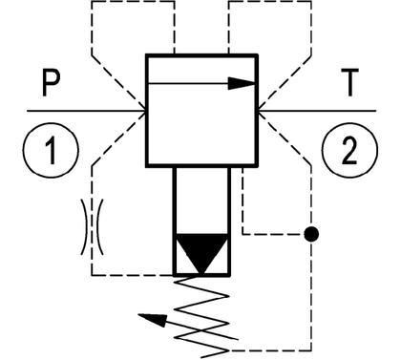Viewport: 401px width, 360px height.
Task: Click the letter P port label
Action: [x=51, y=83]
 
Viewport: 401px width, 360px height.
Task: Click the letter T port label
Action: [x=350, y=82]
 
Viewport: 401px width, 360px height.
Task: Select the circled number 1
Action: [x=51, y=150]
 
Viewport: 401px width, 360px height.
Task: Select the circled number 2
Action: [x=349, y=150]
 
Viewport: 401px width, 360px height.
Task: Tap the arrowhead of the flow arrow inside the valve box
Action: [x=242, y=83]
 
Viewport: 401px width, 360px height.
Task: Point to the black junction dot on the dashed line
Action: [x=311, y=234]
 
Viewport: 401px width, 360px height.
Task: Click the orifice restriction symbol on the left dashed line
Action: [x=92, y=227]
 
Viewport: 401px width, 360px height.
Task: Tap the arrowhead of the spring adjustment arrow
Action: [x=154, y=319]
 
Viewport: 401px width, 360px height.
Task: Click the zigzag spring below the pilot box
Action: [x=201, y=317]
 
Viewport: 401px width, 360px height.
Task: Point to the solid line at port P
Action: [x=86, y=111]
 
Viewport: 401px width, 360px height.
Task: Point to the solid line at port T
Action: [x=317, y=111]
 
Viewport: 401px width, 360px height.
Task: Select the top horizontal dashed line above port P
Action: [x=133, y=2]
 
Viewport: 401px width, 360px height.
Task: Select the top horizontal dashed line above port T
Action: [x=270, y=2]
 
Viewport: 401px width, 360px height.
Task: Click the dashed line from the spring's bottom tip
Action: [x=270, y=350]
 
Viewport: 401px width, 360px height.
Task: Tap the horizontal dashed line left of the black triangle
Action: [x=133, y=275]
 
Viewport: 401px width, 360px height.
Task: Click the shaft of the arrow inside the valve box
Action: [x=188, y=83]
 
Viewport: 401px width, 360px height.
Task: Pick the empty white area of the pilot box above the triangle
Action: [x=201, y=201]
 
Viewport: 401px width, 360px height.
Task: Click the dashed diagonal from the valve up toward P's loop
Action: [x=118, y=83]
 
